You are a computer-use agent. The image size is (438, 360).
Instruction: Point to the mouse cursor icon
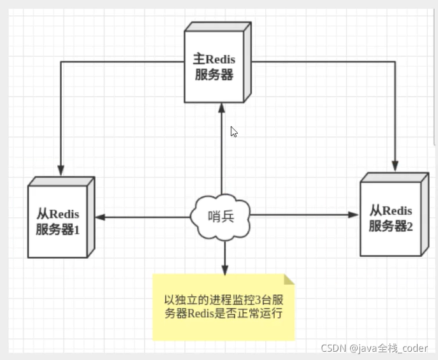233,131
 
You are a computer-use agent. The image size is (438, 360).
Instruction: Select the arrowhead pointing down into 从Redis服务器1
61,171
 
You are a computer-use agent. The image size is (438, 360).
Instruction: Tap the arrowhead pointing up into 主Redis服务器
221,109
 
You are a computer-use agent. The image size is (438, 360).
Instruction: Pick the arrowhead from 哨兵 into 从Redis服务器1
100,217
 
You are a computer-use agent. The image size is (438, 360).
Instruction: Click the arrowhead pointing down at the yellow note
224,269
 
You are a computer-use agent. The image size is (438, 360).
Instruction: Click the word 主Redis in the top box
214,60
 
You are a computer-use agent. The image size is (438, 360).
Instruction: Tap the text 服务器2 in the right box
391,226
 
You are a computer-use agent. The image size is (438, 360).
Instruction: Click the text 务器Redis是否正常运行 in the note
224,313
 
